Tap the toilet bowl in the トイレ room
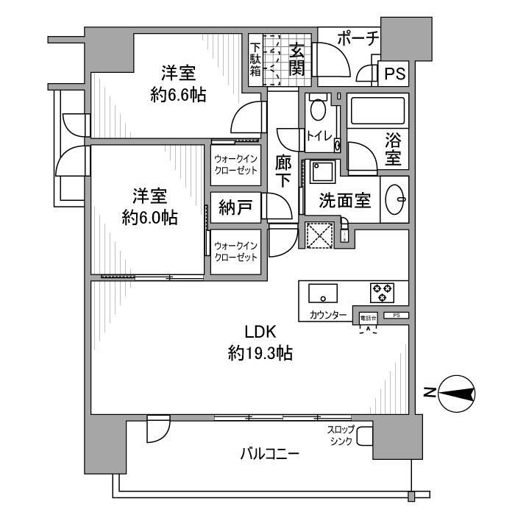pos(318,110)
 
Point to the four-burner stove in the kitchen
pos(382,293)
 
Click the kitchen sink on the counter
pos(323,293)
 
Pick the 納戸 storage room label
pos(235,207)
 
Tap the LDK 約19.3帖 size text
pos(260,354)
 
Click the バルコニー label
pos(269,455)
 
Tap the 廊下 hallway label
pos(283,174)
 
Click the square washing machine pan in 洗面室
pos(322,174)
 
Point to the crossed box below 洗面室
pos(320,237)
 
